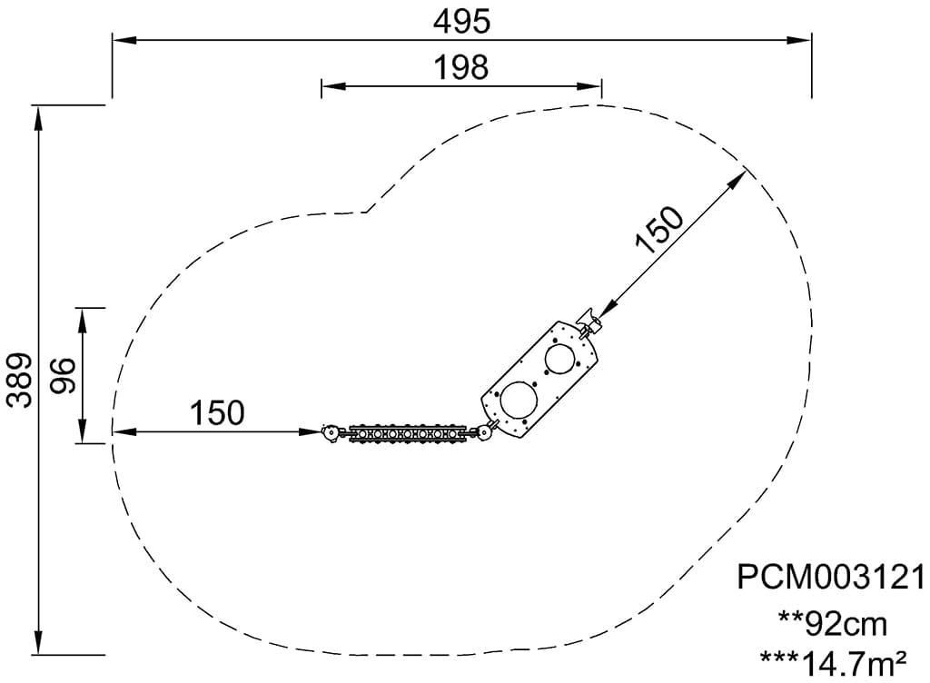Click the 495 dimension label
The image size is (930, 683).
461,23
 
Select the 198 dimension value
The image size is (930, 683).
461,67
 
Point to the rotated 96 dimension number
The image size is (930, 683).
63,375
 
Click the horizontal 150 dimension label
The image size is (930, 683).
217,412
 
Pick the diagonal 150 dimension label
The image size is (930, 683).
659,230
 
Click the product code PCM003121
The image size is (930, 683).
831,576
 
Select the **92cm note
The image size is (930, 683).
833,623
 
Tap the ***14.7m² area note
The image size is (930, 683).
833,663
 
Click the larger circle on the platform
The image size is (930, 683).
519,399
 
